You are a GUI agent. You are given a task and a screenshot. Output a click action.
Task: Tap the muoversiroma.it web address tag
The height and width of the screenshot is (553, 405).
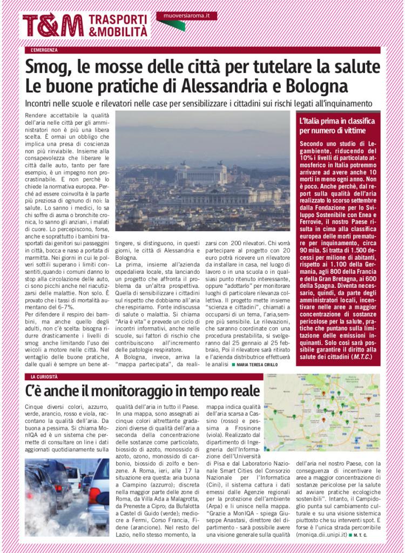point(186,17)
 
